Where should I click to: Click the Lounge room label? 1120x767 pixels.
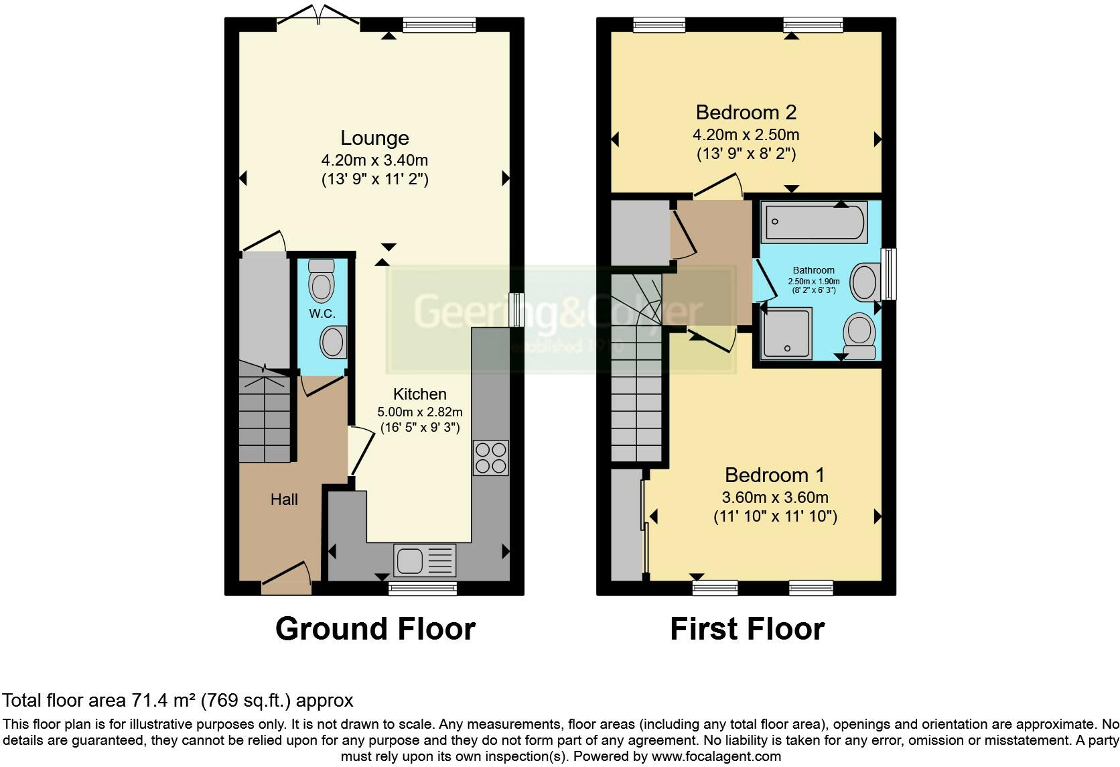point(374,138)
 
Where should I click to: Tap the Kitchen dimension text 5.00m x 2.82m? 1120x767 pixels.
point(420,412)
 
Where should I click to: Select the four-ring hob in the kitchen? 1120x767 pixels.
point(490,457)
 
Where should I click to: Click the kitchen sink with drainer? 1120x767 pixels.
point(425,560)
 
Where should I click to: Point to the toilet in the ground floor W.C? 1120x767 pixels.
point(322,280)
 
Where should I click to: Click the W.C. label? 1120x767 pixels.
point(322,314)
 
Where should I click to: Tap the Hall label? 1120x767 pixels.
point(284,499)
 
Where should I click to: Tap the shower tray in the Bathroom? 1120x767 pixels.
point(787,333)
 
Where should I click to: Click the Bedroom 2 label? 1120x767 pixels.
point(746,112)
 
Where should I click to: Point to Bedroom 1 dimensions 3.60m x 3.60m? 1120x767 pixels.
point(774,497)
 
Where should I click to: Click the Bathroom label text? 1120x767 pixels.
point(814,270)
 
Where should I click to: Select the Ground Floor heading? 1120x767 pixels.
point(375,629)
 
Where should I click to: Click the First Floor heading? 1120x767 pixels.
point(747,629)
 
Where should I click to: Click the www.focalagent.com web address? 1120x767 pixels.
point(715,756)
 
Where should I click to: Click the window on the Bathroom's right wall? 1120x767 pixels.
point(889,274)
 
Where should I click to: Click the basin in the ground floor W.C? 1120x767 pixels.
point(332,342)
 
